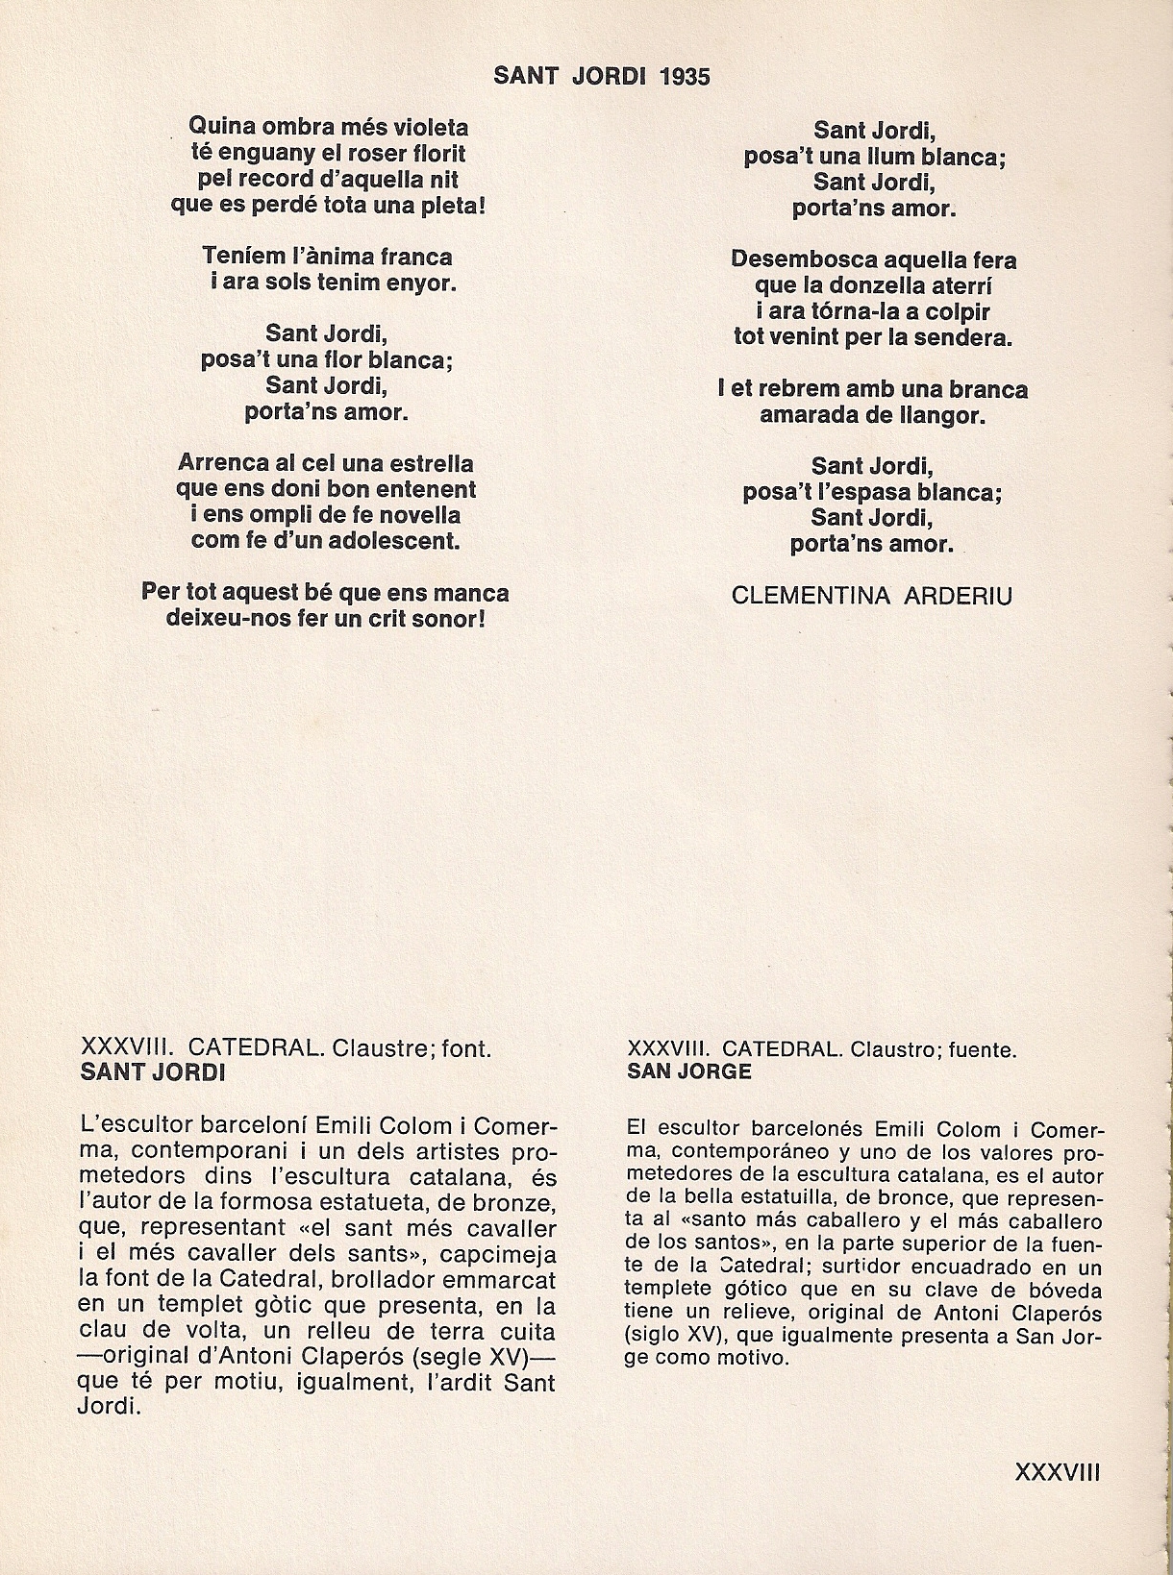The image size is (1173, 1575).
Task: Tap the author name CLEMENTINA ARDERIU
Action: click(871, 596)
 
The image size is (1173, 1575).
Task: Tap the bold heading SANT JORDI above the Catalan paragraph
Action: click(153, 1072)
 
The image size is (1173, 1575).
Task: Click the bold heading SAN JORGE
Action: click(689, 1071)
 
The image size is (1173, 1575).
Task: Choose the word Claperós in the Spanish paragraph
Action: click(1055, 1314)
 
